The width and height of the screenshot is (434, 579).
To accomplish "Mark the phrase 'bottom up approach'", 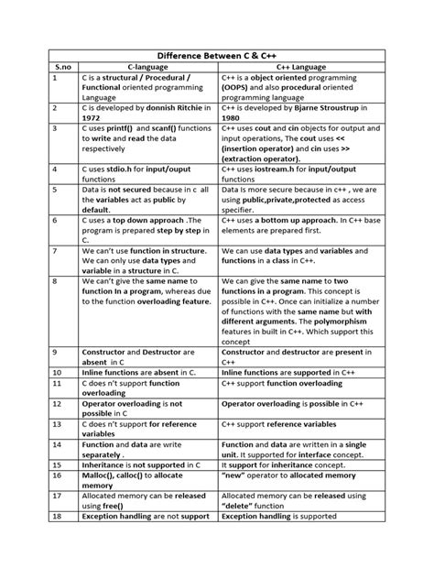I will (298, 222).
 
